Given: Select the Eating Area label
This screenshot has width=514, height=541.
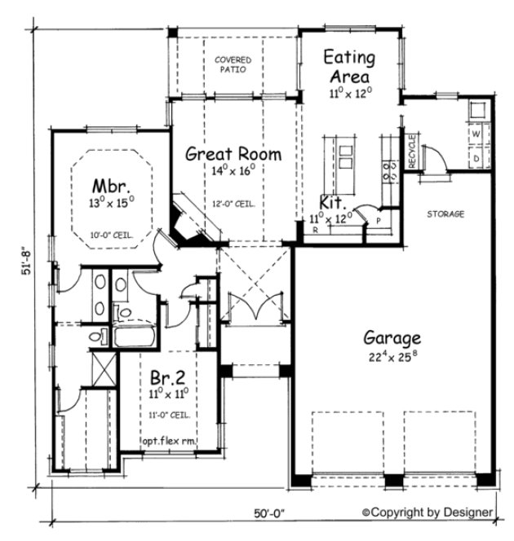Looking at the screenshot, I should click(x=348, y=67).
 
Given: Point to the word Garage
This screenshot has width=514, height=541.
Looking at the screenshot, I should click(x=392, y=337).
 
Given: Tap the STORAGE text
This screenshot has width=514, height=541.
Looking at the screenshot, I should click(x=445, y=214).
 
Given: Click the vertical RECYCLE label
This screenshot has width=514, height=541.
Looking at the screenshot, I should click(x=412, y=151).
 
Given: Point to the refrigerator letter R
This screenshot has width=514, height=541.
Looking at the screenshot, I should click(x=315, y=231).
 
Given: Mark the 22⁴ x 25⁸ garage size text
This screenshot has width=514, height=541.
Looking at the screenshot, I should click(x=392, y=356).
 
